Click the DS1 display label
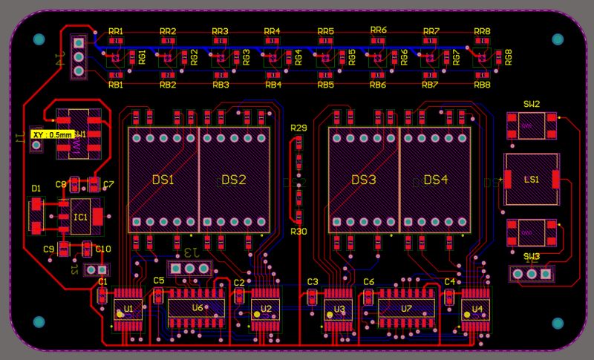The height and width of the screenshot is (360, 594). pyautogui.click(x=163, y=180)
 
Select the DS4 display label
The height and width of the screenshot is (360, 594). pyautogui.click(x=436, y=180)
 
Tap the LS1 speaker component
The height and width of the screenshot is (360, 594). pyautogui.click(x=532, y=180)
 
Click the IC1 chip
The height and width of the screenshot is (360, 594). pyautogui.click(x=80, y=217)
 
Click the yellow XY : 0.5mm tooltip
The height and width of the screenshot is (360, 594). pyautogui.click(x=51, y=134)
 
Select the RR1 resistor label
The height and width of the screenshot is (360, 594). pyautogui.click(x=116, y=31)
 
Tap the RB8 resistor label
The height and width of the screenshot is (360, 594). pyautogui.click(x=482, y=85)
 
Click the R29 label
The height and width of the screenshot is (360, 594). pyautogui.click(x=298, y=128)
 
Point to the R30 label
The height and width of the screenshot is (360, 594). pyautogui.click(x=298, y=232)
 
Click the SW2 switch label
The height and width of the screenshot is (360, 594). pyautogui.click(x=532, y=104)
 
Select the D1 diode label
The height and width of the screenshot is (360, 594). pyautogui.click(x=36, y=188)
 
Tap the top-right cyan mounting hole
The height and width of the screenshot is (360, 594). pyautogui.click(x=558, y=39)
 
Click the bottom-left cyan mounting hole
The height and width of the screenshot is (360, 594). pyautogui.click(x=39, y=321)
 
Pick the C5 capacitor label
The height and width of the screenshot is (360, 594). pyautogui.click(x=159, y=281)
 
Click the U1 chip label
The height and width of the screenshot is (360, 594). pyautogui.click(x=128, y=308)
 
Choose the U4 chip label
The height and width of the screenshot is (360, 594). pyautogui.click(x=477, y=308)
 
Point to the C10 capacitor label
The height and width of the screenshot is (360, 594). pyautogui.click(x=103, y=249)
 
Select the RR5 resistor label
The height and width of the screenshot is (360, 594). pyautogui.click(x=325, y=31)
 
